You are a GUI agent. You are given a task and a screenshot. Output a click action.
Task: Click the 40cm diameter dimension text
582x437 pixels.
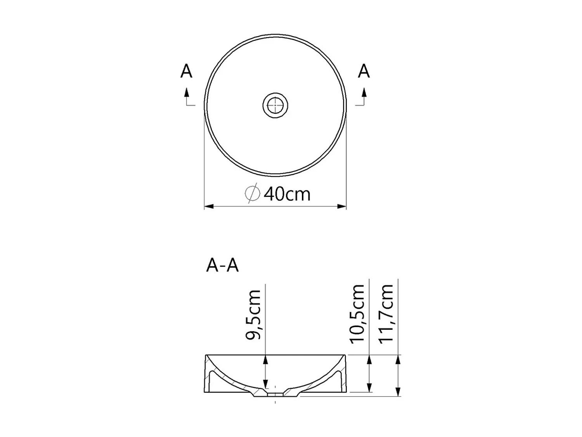point(287,194)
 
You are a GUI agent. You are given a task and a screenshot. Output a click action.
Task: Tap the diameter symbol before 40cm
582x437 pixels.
point(252,193)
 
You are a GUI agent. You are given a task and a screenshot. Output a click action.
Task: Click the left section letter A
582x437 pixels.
point(186,71)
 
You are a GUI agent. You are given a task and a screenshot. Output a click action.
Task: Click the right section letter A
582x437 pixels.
point(364,71)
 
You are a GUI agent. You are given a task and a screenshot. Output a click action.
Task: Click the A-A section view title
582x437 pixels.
point(222,266)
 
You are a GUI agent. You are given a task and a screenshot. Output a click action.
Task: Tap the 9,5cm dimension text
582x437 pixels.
point(254,315)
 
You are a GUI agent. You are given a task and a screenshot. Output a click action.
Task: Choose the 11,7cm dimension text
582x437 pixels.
point(386,314)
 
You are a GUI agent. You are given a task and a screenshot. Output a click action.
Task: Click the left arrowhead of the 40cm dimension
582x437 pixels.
point(209,206)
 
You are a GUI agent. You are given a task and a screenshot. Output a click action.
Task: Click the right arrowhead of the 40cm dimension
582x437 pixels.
point(341,206)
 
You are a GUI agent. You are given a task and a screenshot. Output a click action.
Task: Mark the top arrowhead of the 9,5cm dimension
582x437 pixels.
point(265,359)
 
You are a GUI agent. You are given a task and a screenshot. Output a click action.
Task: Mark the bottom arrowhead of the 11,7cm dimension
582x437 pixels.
point(398,392)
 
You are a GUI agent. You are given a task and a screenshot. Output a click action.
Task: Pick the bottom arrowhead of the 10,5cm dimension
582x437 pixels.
point(369,387)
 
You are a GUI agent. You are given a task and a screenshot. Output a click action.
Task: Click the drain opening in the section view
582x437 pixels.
point(275,394)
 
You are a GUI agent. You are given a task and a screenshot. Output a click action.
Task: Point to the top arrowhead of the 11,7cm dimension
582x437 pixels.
point(398,359)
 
